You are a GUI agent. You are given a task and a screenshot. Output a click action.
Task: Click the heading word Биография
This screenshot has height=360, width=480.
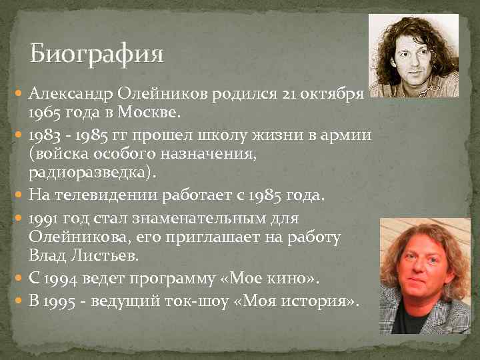[x=96, y=53]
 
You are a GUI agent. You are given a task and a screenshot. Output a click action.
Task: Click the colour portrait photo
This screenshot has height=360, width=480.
[x=425, y=275]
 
